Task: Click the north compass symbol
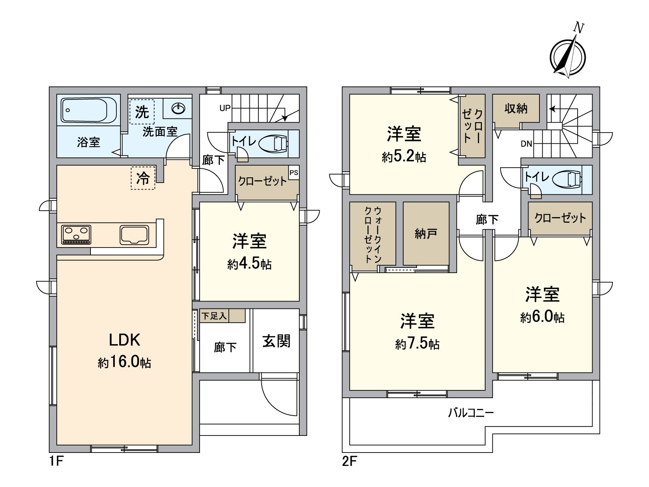(x=567, y=57)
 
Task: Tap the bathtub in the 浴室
(x=88, y=110)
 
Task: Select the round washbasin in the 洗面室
(x=178, y=108)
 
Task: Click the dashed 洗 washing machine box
(x=142, y=112)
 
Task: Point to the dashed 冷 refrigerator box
(x=143, y=178)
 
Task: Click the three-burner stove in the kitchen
(x=76, y=235)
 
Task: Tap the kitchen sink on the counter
(x=134, y=235)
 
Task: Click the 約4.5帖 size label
(x=249, y=264)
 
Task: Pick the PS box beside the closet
(x=294, y=173)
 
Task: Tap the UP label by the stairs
(x=225, y=108)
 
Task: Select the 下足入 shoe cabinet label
(x=214, y=316)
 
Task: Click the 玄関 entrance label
(x=276, y=341)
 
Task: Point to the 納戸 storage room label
(x=426, y=234)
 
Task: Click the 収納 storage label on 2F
(x=516, y=108)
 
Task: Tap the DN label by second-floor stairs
(x=526, y=144)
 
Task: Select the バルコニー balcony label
(x=471, y=413)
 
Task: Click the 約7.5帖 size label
(x=417, y=344)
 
